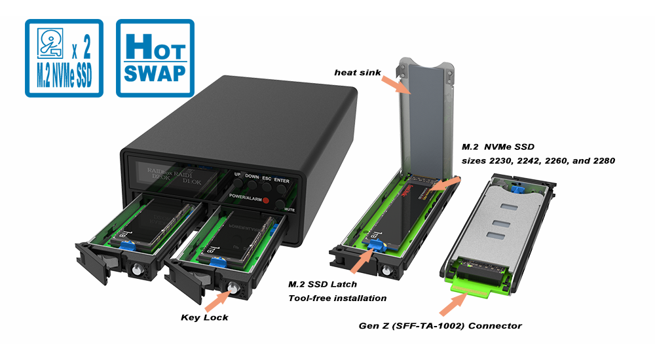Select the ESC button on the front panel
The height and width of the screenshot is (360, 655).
pyautogui.click(x=267, y=190)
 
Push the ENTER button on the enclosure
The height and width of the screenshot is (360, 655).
pyautogui.click(x=282, y=191)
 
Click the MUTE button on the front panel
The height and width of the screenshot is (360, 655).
pyautogui.click(x=280, y=204)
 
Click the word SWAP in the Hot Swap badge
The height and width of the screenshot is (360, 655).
pyautogui.click(x=155, y=73)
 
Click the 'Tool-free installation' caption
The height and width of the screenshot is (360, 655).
pyautogui.click(x=337, y=298)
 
